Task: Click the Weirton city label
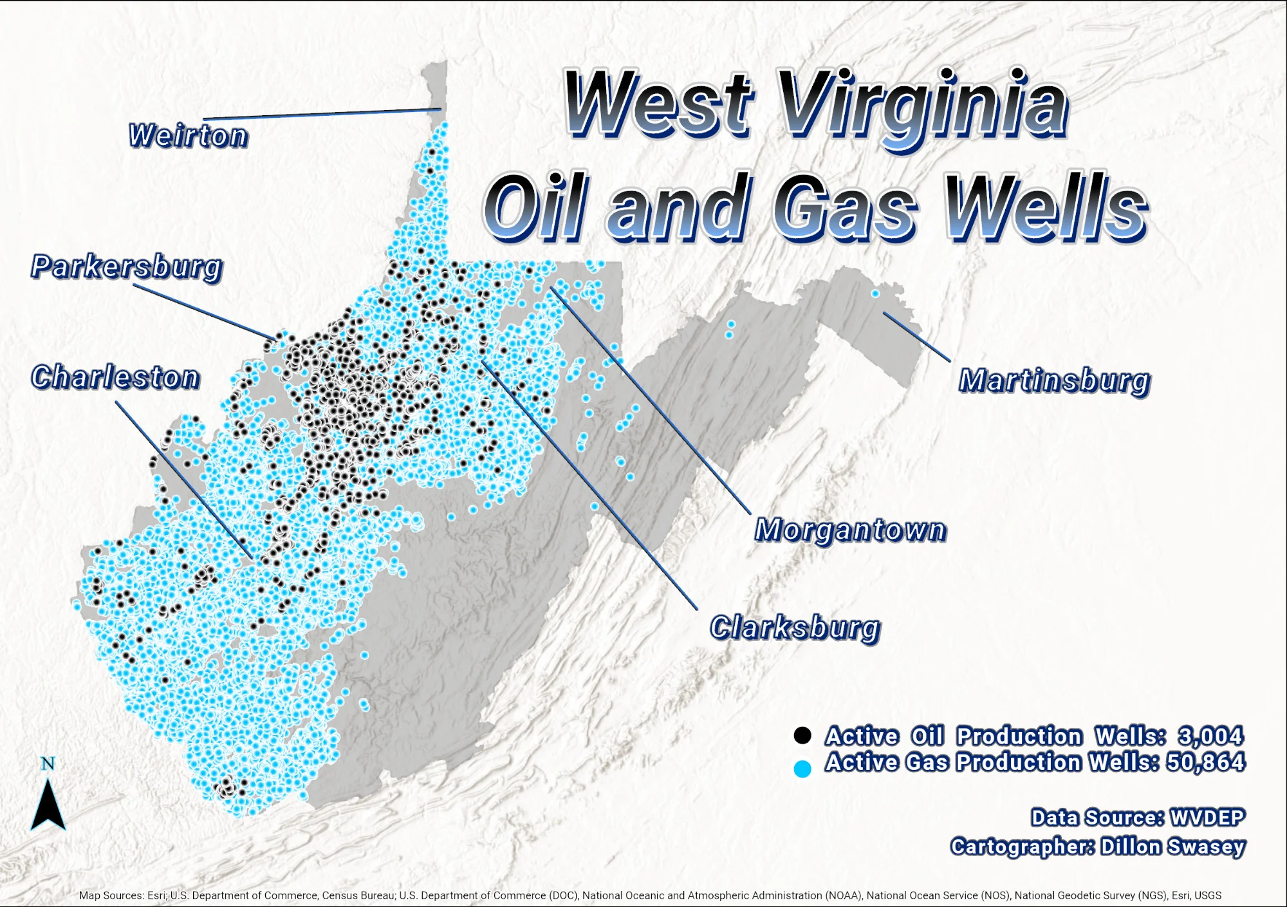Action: point(188,136)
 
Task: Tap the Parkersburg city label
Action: point(127,266)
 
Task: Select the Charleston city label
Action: point(116,377)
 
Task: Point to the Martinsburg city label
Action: point(1054,380)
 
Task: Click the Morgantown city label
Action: point(850,530)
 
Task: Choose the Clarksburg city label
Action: point(795,628)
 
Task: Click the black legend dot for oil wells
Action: point(802,735)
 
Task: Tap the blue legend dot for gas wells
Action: point(802,769)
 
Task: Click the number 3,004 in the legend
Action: point(1210,736)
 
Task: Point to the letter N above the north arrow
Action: point(48,763)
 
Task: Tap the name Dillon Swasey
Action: point(1172,846)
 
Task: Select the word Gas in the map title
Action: point(845,207)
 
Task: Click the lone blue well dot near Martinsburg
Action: point(875,294)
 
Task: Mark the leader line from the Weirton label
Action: point(322,114)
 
